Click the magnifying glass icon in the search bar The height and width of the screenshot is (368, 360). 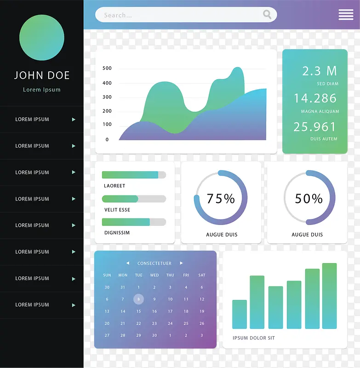click(x=267, y=15)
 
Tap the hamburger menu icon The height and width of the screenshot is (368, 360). click(x=346, y=15)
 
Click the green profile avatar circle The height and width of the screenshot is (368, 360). click(x=42, y=38)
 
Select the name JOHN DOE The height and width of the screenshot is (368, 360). click(x=42, y=75)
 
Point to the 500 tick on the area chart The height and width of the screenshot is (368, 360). click(x=107, y=69)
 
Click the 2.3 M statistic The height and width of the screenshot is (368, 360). click(x=320, y=71)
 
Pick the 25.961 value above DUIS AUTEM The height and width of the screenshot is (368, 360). click(x=315, y=126)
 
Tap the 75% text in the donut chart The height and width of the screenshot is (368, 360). click(x=221, y=199)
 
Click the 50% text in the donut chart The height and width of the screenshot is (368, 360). click(x=309, y=199)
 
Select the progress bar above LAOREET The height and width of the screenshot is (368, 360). click(x=134, y=175)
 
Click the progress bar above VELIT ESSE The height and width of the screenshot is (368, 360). click(x=134, y=199)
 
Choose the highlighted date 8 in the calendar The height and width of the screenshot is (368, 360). click(x=139, y=299)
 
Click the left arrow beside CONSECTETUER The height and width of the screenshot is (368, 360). click(x=128, y=263)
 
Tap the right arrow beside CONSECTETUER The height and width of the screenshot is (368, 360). click(x=181, y=263)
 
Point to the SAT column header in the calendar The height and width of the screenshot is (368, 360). click(x=202, y=275)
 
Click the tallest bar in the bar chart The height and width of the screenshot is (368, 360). click(x=329, y=296)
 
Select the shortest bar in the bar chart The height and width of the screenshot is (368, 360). click(x=240, y=314)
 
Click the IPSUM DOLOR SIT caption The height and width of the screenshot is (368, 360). click(x=254, y=338)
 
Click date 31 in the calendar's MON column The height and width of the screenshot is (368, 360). click(x=123, y=287)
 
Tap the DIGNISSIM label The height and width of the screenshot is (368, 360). click(x=117, y=233)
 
